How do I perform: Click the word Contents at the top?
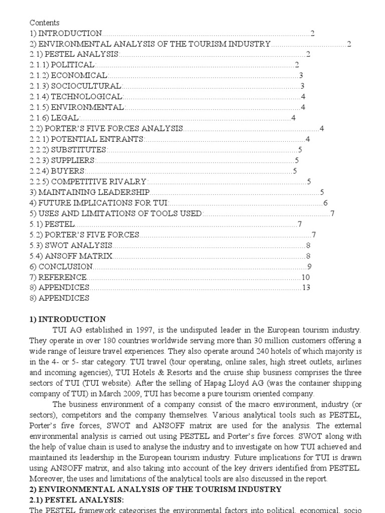click(x=45, y=23)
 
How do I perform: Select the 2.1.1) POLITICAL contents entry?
click(x=62, y=65)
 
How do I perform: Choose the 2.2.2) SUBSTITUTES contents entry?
click(x=69, y=150)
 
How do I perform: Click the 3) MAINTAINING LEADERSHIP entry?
click(x=90, y=192)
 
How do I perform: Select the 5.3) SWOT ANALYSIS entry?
click(x=71, y=245)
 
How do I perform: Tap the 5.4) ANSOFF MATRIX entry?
click(x=71, y=256)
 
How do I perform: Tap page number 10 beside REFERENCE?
click(x=306, y=277)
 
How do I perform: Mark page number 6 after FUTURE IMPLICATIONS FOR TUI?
click(x=325, y=203)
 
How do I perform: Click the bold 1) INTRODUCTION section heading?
click(x=68, y=319)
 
